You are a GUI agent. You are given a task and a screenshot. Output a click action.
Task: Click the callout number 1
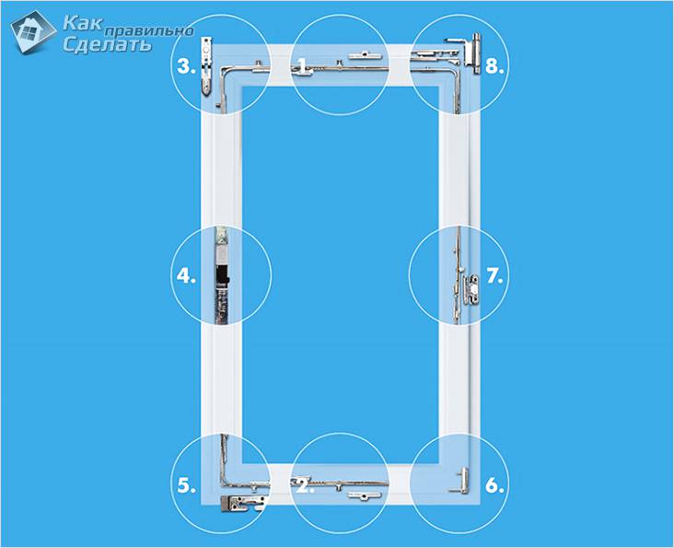(303, 66)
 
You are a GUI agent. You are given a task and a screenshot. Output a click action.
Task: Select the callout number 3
(186, 66)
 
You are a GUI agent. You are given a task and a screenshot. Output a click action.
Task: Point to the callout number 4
(186, 275)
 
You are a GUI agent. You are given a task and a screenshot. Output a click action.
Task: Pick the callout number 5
(186, 485)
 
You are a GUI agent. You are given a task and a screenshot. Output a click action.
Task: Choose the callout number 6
(494, 485)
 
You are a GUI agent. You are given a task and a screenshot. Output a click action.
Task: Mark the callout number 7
(494, 275)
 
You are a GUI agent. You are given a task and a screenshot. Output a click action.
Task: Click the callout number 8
(494, 66)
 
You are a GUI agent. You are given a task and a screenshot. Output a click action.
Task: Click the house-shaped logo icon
(32, 32)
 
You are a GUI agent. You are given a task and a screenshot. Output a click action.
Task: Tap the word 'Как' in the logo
(83, 23)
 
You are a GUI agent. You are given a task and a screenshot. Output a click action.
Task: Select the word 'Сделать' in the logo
(108, 43)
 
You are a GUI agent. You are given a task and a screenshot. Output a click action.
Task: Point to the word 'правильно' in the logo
(149, 31)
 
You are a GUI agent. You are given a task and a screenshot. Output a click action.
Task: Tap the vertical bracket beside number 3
(207, 65)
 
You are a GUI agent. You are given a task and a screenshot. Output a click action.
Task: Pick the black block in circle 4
(222, 276)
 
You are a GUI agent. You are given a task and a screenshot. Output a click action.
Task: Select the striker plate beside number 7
(471, 290)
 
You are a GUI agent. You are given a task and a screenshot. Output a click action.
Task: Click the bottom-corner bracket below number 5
(243, 503)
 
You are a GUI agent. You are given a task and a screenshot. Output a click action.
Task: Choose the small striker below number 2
(365, 496)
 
